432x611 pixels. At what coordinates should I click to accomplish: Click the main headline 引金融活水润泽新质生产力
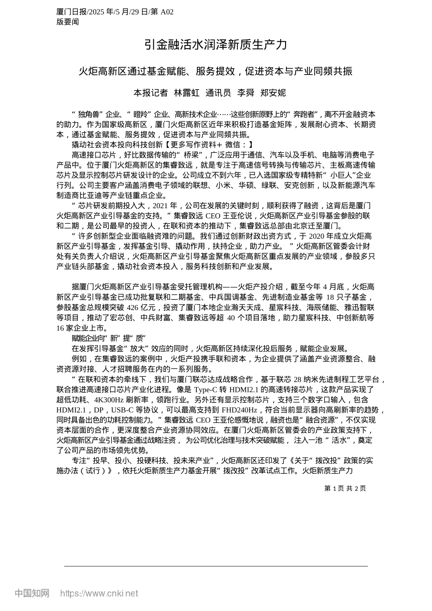(216, 45)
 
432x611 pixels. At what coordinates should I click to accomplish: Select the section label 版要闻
(68, 21)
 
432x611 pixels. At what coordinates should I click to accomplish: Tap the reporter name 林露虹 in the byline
(187, 93)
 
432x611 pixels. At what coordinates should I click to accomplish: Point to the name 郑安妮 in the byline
(273, 93)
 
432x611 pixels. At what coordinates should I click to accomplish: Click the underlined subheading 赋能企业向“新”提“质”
(108, 338)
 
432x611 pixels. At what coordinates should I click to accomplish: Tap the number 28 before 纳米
(298, 380)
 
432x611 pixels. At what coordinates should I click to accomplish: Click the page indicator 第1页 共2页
(345, 488)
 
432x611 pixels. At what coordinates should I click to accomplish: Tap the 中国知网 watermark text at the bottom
(32, 593)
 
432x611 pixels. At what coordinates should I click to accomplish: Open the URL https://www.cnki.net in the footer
(99, 593)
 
